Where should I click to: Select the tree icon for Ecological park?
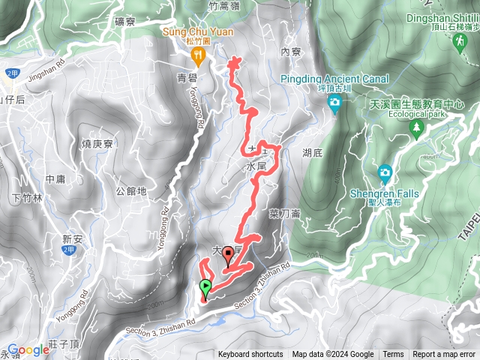pos(415,129)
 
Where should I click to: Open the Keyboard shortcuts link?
pos(250,355)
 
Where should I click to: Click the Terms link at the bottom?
pos(393,355)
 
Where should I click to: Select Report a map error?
pos(445,355)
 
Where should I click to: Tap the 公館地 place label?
pos(131,190)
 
